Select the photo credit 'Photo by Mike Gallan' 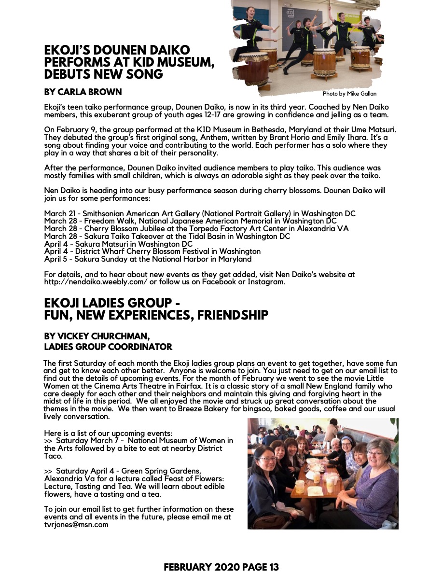(349, 94)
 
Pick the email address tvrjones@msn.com (76, 525)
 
